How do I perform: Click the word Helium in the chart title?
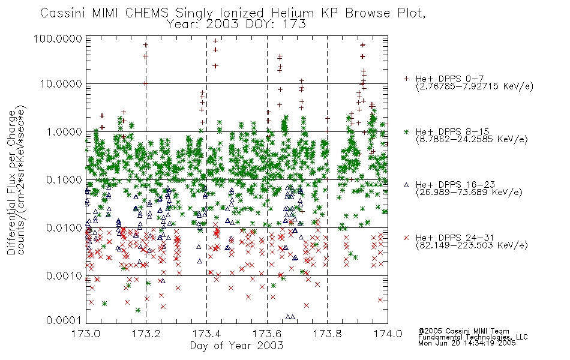[x=293, y=13]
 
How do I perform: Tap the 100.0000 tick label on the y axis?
[x=58, y=38]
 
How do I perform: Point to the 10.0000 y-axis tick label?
[x=61, y=84]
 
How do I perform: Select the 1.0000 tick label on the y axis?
[x=64, y=131]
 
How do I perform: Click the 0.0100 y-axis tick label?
[x=64, y=228]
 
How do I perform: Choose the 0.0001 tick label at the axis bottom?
[x=64, y=320]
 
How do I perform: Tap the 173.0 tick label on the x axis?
[x=86, y=334]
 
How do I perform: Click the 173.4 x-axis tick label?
[x=207, y=334]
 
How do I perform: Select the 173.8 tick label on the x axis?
[x=328, y=334]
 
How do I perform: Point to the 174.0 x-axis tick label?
[x=388, y=334]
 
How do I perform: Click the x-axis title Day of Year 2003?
[x=236, y=346]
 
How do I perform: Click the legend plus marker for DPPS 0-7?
[x=407, y=79]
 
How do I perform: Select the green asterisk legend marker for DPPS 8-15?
[x=407, y=131]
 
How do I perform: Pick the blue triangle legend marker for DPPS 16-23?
[x=407, y=185]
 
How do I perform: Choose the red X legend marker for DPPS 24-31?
[x=407, y=238]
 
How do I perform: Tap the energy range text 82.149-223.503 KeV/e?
[x=472, y=245]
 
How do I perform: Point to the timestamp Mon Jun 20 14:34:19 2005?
[x=467, y=343]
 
